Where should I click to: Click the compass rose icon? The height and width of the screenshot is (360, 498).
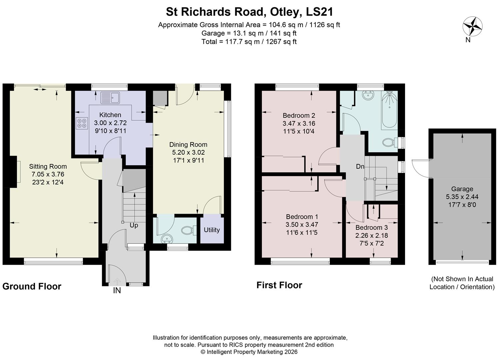472,26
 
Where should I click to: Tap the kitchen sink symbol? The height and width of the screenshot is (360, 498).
110,98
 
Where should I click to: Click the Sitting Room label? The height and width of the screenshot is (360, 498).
48,166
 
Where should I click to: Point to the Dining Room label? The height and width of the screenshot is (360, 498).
188,144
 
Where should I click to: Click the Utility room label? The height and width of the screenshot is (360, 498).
212,230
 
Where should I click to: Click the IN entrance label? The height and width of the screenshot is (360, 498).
117,291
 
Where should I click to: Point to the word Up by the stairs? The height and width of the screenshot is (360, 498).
134,225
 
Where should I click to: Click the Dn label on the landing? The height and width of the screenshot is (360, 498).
360,166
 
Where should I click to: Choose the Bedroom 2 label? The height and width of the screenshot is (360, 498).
299,115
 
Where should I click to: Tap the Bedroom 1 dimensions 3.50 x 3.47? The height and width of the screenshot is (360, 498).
301,224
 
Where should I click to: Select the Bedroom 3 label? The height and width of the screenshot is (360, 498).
371,227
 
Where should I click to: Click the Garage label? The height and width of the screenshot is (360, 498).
462,189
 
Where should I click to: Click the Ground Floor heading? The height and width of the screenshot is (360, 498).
32,286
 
